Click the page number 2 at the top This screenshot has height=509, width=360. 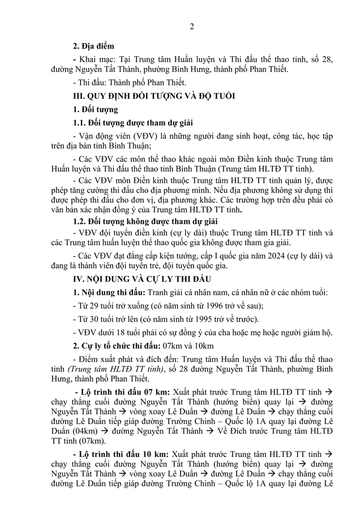point(191,26)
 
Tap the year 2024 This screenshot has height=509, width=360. point(256,254)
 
